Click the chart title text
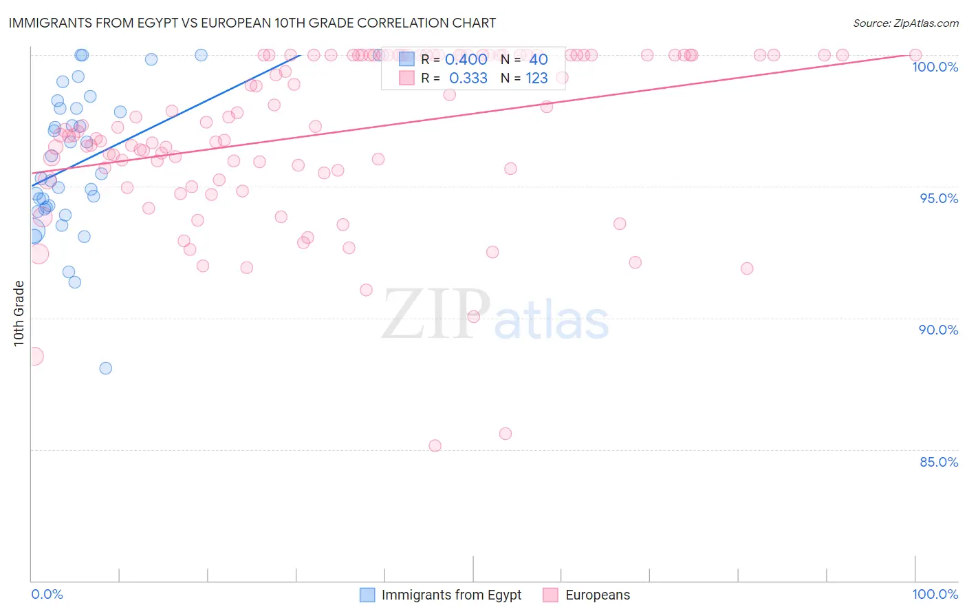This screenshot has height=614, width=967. tap(252, 23)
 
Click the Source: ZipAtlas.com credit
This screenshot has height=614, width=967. tap(905, 23)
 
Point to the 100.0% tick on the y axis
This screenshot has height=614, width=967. tap(935, 67)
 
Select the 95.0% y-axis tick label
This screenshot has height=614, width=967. tap(939, 198)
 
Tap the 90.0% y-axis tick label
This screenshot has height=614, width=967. tap(939, 330)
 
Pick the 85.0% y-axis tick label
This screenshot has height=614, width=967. tap(939, 462)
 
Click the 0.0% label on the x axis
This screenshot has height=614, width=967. tap(47, 594)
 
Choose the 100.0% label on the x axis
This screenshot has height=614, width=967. tap(935, 594)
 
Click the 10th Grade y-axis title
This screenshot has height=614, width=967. tap(19, 313)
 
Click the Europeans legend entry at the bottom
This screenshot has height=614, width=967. tap(597, 595)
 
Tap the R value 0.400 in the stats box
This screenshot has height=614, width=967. tap(466, 60)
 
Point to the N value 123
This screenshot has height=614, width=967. tap(536, 78)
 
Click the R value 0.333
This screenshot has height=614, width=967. tap(468, 78)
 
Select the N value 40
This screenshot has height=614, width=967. tap(538, 60)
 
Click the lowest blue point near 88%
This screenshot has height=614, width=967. tap(105, 368)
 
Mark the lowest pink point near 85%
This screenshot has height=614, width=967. tap(435, 446)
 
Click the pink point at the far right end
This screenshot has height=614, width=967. tap(915, 55)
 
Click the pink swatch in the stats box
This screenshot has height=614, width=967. tap(406, 78)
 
